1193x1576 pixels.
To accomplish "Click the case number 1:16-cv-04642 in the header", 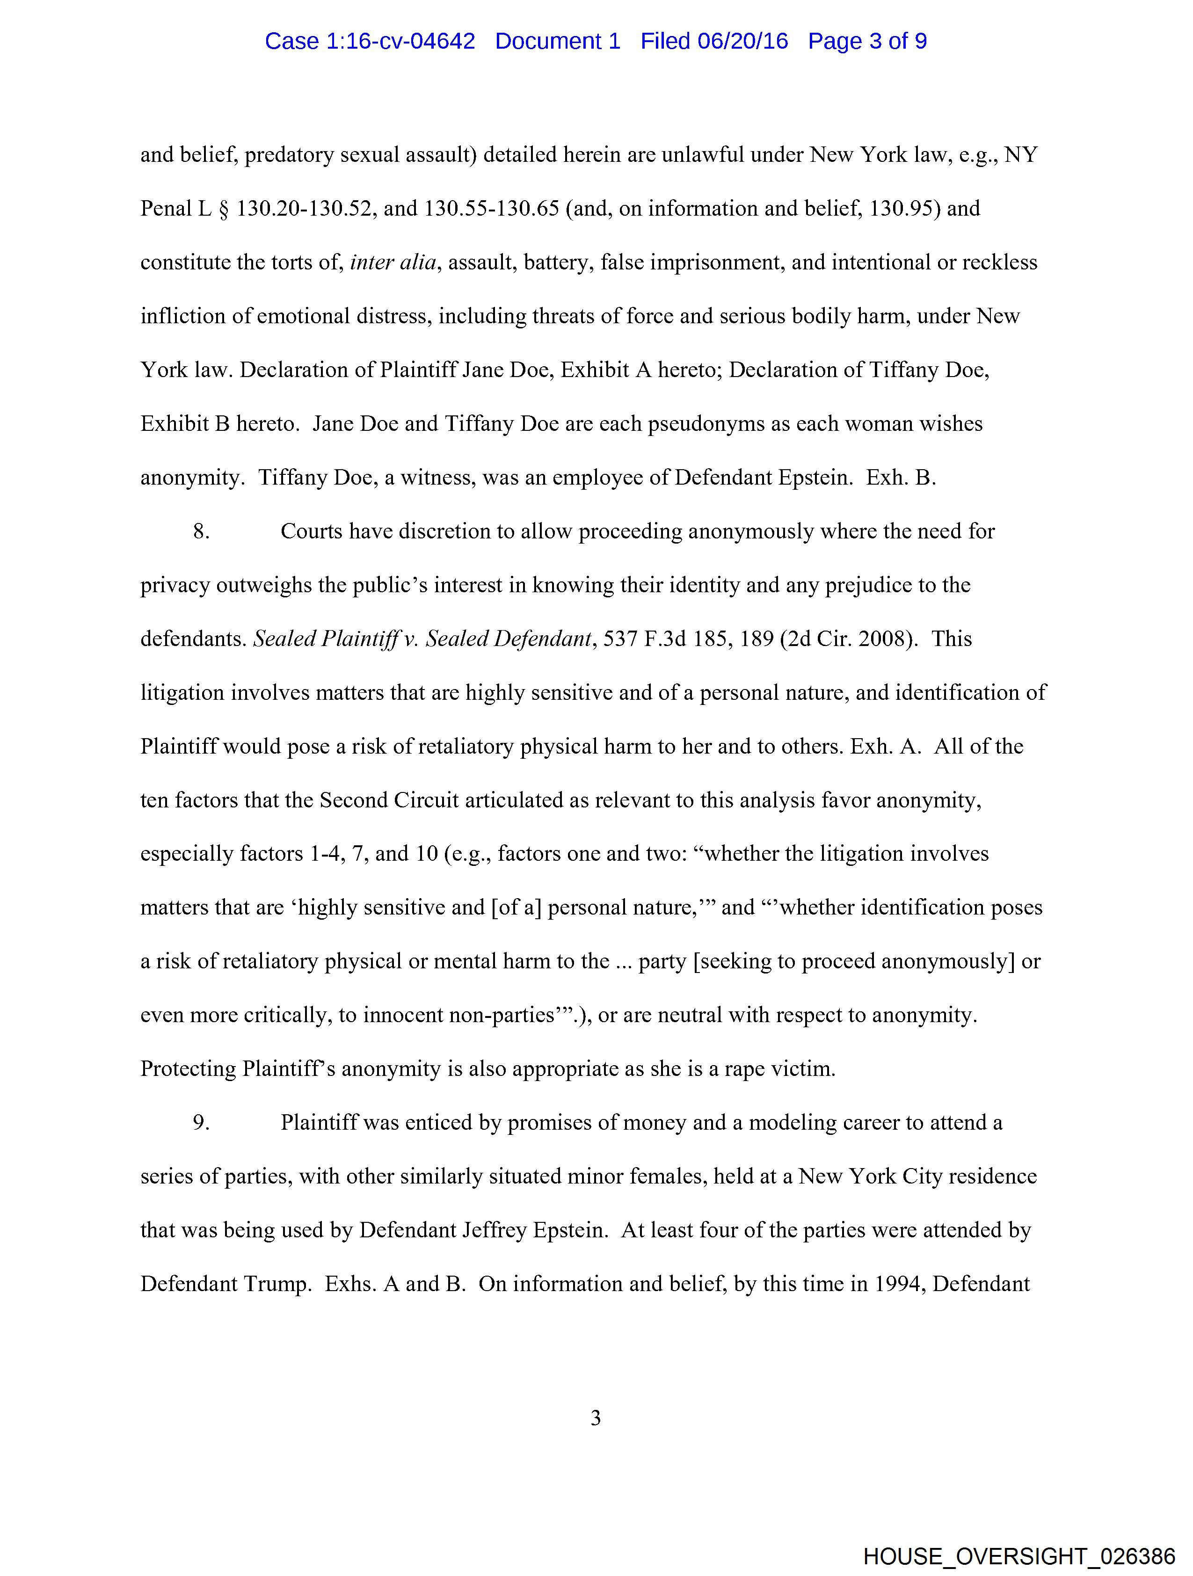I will pyautogui.click(x=400, y=41).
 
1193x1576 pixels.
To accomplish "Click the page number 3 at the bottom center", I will pyautogui.click(x=596, y=1418).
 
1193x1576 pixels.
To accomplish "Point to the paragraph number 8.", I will pyautogui.click(x=202, y=531).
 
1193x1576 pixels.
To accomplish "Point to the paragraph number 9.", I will pyautogui.click(x=202, y=1123).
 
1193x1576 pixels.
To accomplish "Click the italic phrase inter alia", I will pyautogui.click(x=393, y=263).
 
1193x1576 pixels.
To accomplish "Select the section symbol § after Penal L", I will pyautogui.click(x=224, y=209).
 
